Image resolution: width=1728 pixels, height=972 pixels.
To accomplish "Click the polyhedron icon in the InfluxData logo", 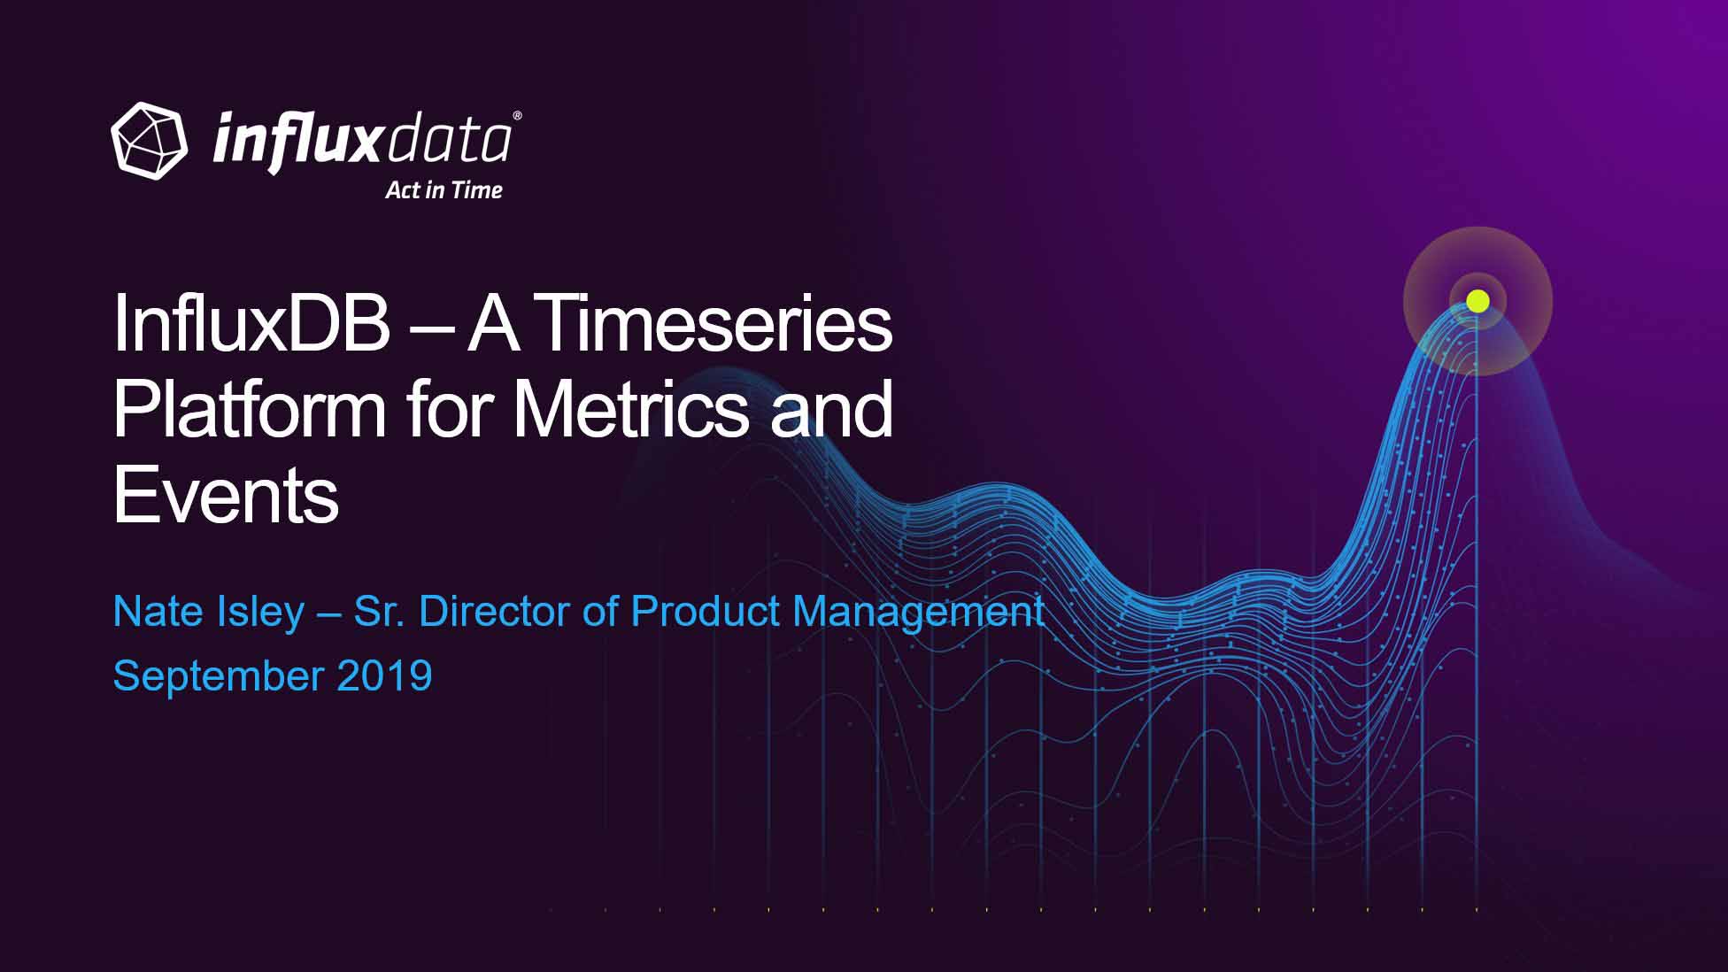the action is pos(150,141).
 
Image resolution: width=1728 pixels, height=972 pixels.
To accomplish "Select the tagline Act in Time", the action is pos(444,190).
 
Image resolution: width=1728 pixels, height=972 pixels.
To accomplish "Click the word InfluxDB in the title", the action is pos(251,324).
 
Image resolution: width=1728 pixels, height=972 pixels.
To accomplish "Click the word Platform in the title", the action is pos(250,410).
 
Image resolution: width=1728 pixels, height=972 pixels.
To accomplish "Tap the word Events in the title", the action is pos(226,495).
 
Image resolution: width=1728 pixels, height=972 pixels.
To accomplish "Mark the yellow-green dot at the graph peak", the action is pos(1477,301).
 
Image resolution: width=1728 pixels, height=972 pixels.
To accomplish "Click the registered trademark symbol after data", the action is pos(517,116).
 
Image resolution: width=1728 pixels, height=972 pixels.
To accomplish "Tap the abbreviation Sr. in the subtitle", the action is pos(380,612).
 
